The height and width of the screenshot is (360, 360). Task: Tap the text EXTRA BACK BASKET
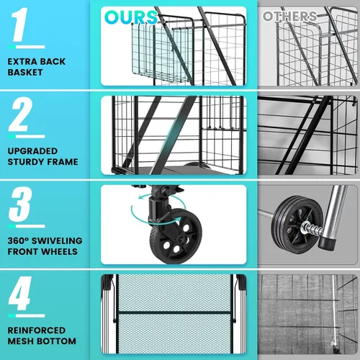pyautogui.click(x=37, y=67)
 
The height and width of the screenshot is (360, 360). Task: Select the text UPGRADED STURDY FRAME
pyautogui.click(x=42, y=157)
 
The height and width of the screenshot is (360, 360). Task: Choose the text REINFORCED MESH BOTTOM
pyautogui.click(x=42, y=336)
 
